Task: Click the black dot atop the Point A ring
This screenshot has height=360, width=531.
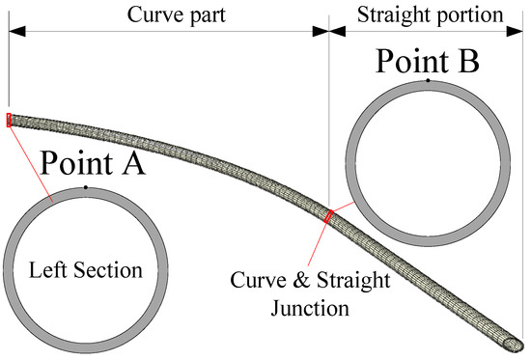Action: [86, 186]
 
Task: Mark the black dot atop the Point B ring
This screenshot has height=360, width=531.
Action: [428, 81]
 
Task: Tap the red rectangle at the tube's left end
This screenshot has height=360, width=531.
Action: [9, 120]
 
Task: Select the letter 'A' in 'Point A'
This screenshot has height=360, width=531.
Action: [130, 163]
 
